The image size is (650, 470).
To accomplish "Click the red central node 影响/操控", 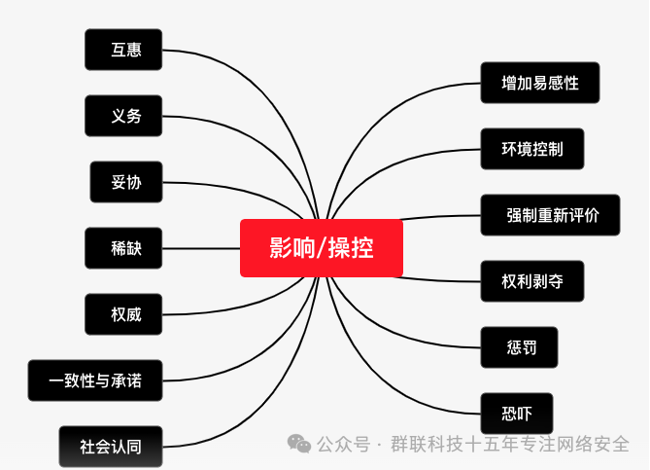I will click(x=321, y=247).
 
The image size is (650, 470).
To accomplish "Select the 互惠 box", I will click(x=123, y=50).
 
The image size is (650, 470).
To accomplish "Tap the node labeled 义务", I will click(x=123, y=116).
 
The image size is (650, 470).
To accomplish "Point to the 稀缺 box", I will click(x=123, y=248).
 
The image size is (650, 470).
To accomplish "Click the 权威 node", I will click(x=123, y=313).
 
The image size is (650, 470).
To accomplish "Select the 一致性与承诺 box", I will click(x=94, y=380).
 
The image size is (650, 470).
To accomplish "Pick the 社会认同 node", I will click(x=110, y=447).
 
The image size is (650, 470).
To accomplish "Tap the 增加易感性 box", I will click(x=540, y=83).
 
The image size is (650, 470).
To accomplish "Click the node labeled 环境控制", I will click(x=532, y=149).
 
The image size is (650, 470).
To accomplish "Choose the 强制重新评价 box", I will click(x=550, y=215).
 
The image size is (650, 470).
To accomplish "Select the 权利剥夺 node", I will click(x=532, y=281).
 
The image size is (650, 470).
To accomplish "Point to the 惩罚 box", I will click(x=519, y=347).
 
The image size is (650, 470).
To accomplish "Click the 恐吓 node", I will click(x=517, y=414).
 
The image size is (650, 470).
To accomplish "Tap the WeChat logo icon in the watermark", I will click(x=298, y=444).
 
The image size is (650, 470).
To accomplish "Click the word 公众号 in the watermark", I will click(x=343, y=445).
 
